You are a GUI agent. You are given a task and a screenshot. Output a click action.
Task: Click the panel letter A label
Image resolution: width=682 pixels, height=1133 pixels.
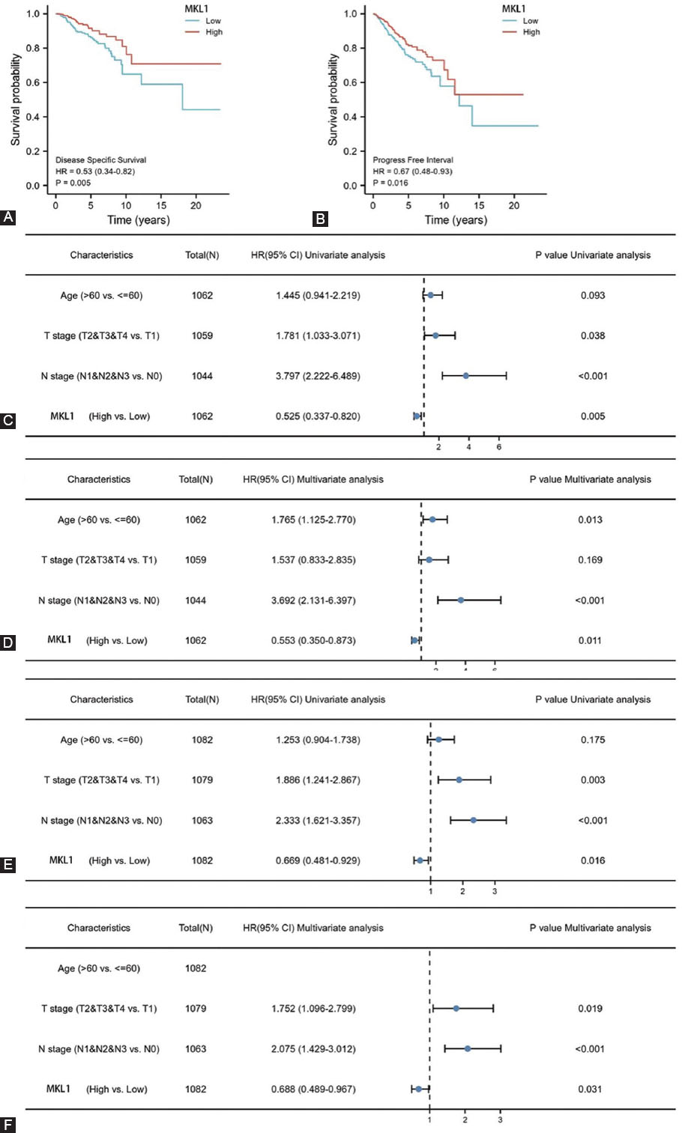tap(8, 218)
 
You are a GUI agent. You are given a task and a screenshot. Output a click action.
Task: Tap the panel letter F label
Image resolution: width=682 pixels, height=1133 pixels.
tap(8, 1125)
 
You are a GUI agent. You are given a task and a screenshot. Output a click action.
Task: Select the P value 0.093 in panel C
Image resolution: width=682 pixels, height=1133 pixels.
tap(592, 296)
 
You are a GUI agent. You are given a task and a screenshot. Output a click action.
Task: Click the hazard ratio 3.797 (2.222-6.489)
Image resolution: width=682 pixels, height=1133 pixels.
tap(318, 376)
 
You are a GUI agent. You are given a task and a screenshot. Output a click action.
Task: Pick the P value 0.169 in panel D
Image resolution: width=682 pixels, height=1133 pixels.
tap(590, 560)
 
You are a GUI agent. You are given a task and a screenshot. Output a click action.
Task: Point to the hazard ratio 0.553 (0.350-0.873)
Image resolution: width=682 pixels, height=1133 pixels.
tap(313, 640)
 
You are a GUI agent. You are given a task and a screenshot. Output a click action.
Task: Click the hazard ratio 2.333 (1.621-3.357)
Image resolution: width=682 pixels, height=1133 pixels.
tap(318, 821)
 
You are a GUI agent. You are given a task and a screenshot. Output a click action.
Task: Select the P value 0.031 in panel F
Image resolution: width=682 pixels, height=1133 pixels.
tap(590, 1090)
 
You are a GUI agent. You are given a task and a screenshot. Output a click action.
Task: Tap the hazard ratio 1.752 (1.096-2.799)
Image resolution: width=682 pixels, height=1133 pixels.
tap(313, 1009)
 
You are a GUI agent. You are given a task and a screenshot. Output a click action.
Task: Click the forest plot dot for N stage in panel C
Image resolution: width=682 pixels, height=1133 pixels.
tap(466, 376)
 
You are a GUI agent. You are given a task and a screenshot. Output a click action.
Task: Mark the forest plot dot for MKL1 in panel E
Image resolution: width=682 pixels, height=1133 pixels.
tap(420, 860)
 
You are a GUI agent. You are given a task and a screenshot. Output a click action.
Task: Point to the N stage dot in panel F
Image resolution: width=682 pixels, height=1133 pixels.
tap(468, 1049)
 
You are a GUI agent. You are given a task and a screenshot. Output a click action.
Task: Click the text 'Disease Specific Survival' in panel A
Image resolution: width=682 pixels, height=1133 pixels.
tap(100, 160)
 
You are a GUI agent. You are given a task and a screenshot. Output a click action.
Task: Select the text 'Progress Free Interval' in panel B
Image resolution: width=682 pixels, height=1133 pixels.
tap(413, 160)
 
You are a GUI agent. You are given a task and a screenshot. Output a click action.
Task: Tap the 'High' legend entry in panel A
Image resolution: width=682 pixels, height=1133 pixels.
tap(214, 32)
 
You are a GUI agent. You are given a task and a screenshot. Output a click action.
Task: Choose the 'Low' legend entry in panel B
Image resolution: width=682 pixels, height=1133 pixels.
tap(531, 21)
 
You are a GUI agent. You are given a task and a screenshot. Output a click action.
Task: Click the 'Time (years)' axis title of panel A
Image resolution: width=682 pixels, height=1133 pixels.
tap(139, 220)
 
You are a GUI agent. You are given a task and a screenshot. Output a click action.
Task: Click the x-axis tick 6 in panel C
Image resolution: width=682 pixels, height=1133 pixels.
tap(498, 448)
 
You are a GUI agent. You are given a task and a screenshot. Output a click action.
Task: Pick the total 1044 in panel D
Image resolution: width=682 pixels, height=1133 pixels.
tap(196, 601)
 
